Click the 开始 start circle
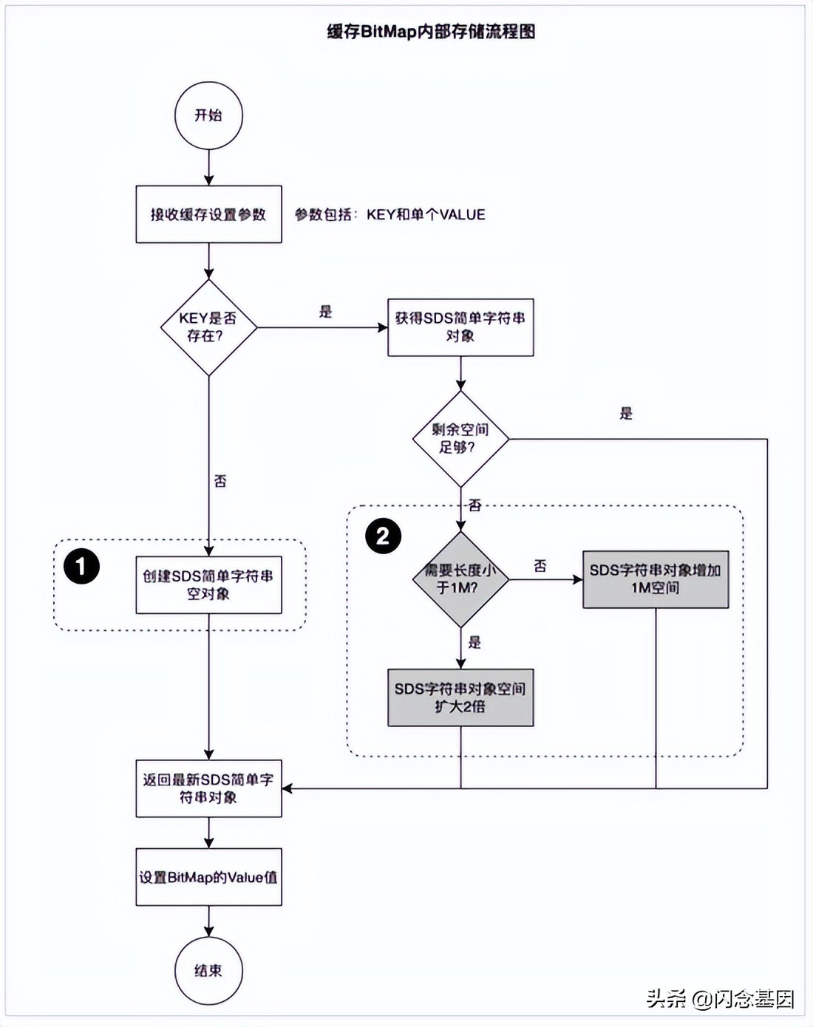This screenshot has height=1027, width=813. (x=208, y=115)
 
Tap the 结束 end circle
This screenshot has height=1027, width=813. (x=208, y=970)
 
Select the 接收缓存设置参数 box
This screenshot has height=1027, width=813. (x=208, y=214)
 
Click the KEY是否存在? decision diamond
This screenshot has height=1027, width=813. (x=208, y=327)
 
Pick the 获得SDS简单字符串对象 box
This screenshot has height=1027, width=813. (x=460, y=327)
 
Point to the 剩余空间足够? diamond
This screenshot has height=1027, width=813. (x=460, y=439)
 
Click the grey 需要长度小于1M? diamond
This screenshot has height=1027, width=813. (x=460, y=579)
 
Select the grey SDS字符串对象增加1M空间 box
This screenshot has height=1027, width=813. (x=656, y=579)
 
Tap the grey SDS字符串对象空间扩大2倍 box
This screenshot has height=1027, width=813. (x=460, y=697)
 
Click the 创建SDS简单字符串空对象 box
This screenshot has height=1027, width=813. (x=208, y=584)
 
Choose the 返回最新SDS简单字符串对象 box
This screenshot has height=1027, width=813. (x=208, y=788)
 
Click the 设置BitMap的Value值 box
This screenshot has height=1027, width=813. (x=208, y=877)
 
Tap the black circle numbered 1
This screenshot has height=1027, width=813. (x=81, y=567)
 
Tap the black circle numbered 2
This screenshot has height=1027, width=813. (x=383, y=536)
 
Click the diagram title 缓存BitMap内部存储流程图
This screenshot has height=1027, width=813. (x=431, y=32)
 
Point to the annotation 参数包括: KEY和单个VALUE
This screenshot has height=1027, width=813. (x=390, y=214)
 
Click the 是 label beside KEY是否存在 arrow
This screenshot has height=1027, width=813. (x=325, y=312)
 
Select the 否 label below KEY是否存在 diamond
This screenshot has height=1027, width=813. (x=220, y=481)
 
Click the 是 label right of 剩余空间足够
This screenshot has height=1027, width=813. (x=626, y=414)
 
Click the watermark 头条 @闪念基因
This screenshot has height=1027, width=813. (x=720, y=999)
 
